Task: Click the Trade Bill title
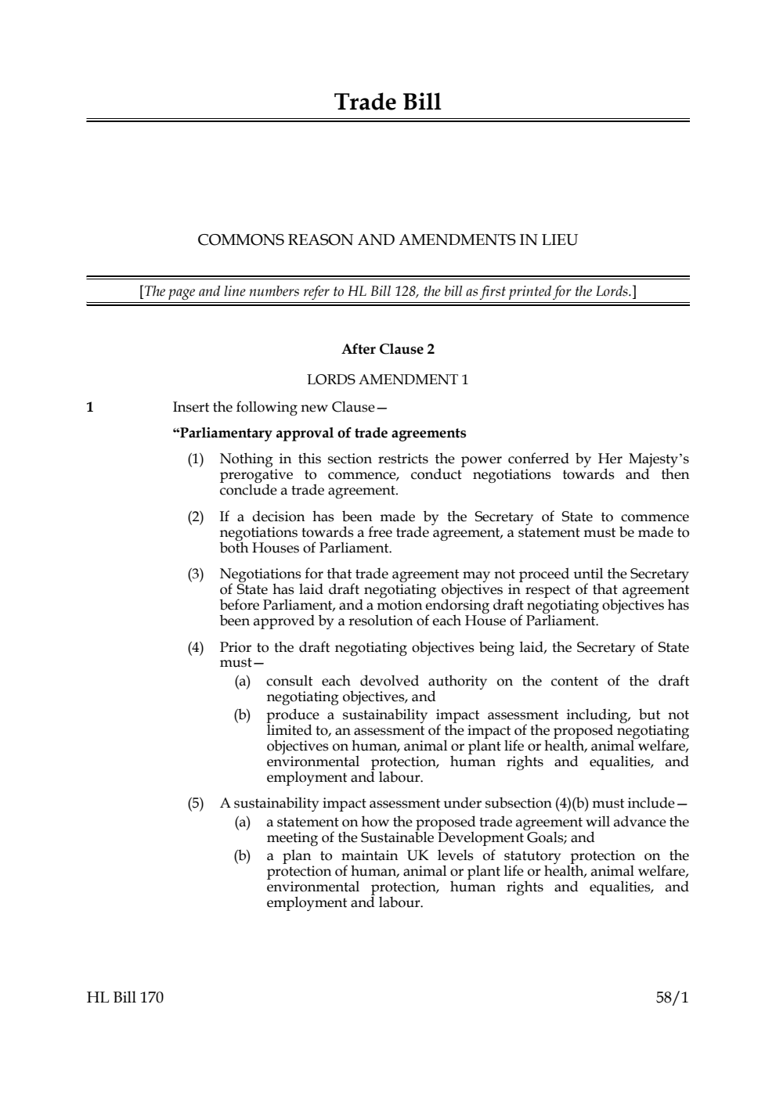pos(388,103)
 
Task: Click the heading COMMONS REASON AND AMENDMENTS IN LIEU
pos(388,240)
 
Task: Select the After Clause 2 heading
pos(388,349)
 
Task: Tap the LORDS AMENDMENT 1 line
pos(388,380)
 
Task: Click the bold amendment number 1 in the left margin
pos(90,407)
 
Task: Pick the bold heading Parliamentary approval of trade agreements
pos(319,433)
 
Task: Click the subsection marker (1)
pos(195,459)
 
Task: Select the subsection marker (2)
pos(195,517)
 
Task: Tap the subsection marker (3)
pos(195,574)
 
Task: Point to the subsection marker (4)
pos(195,647)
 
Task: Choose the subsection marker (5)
pos(195,803)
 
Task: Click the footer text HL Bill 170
pos(125,997)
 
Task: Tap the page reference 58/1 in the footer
pos(673,997)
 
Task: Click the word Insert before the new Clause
pos(190,407)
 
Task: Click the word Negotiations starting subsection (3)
pos(258,574)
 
